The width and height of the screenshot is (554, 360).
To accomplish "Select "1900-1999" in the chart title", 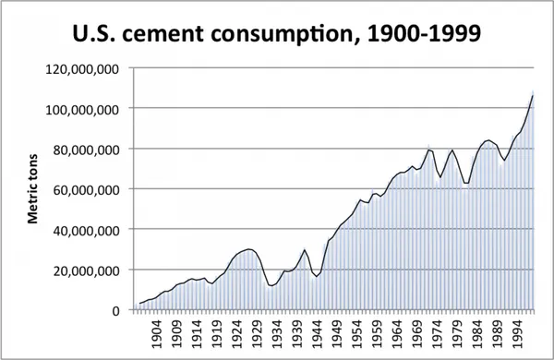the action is pos(424,33).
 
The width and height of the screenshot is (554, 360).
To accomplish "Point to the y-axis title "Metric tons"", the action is pos(32,188).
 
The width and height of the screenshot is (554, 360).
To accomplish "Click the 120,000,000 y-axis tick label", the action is pos(82,69).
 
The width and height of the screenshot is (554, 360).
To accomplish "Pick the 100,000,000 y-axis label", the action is pos(82,109).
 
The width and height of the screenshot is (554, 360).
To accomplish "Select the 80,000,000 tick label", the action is pos(86,150).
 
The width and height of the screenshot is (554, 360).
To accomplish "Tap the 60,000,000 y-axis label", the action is pos(86,190).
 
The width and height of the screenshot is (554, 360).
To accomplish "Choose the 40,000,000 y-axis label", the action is pos(86,231).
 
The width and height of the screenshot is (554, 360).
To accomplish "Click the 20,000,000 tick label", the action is pos(86,270).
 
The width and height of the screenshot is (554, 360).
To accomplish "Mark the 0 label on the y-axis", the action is pos(115,311).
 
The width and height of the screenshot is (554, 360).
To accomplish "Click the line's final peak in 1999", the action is pos(533,95).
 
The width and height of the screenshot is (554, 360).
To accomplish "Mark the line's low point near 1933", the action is pos(271,285).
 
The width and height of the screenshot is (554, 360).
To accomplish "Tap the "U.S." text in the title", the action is pos(93,33).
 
